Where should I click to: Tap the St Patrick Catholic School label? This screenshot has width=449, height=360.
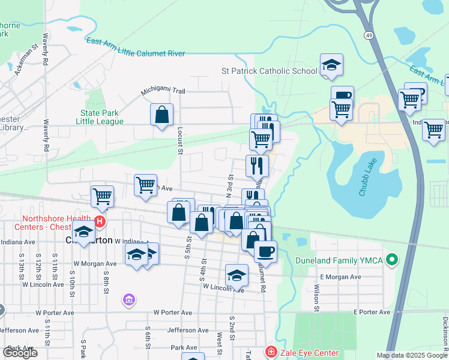point(270,71)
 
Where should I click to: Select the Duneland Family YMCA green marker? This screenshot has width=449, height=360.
point(393,260)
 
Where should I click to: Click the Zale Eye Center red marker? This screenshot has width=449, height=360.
point(271,352)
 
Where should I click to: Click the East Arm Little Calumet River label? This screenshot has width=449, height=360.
point(135,47)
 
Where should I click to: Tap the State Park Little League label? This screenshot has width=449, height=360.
point(100,117)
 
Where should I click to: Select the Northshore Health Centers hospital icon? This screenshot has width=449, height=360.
point(100,221)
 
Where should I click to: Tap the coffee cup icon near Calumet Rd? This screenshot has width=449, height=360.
point(265,251)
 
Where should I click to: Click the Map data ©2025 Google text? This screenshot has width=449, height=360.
point(411,356)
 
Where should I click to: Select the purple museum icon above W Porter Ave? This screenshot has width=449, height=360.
point(128,299)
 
